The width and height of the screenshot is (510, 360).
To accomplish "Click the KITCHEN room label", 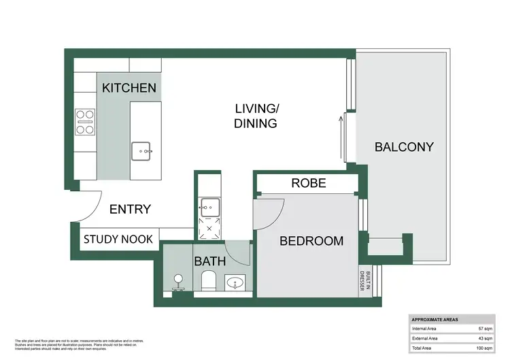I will pos(129,88).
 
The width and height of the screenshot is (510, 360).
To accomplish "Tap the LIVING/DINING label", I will pos(256,116).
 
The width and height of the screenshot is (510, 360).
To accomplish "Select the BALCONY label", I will pos(403,146).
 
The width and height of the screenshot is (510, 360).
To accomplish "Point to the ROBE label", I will pos(309,183).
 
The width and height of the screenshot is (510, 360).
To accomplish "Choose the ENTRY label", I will pos(130,209).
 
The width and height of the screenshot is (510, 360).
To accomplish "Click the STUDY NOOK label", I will pos(118,239).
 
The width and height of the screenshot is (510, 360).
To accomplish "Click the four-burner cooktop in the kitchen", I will pos(86,122).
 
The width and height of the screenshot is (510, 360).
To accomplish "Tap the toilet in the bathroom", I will pos(209,279).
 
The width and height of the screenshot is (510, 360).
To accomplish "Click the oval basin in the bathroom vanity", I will pos(236,281).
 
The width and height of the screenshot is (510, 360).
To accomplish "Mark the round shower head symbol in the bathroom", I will pos(178,279).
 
